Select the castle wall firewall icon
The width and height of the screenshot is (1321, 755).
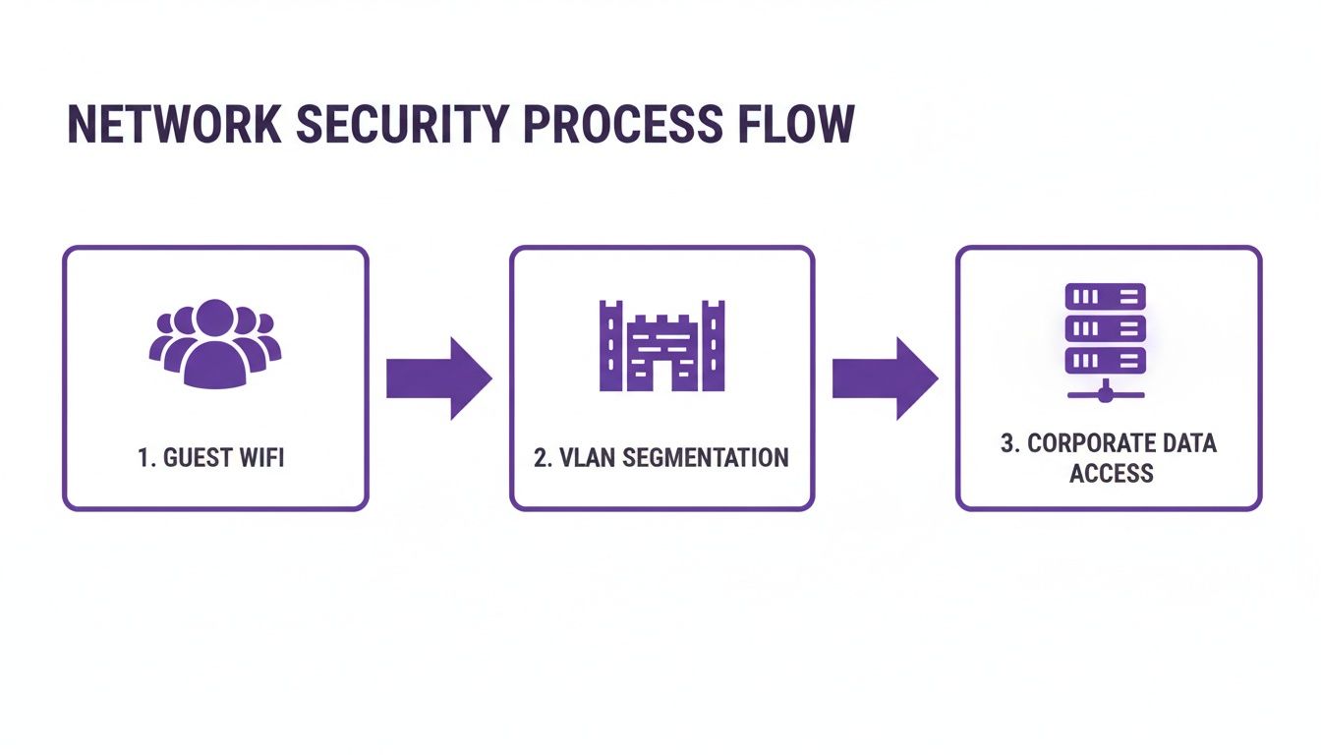click(x=661, y=345)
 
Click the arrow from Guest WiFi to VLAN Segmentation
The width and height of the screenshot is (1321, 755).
click(x=437, y=378)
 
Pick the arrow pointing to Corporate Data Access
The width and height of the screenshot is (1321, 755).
click(x=884, y=378)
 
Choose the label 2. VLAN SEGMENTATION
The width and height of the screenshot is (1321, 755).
click(x=661, y=458)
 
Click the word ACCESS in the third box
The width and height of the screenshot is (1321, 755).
click(x=1111, y=473)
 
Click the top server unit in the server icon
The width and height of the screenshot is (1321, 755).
click(x=1106, y=296)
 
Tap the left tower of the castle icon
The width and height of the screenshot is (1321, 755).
click(x=611, y=345)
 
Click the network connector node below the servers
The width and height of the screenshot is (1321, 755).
click(x=1106, y=394)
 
